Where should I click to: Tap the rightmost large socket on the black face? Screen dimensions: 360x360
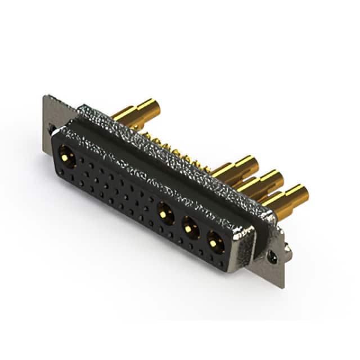click(x=215, y=242)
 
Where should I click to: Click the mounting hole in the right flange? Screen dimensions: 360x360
click(x=272, y=256)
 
